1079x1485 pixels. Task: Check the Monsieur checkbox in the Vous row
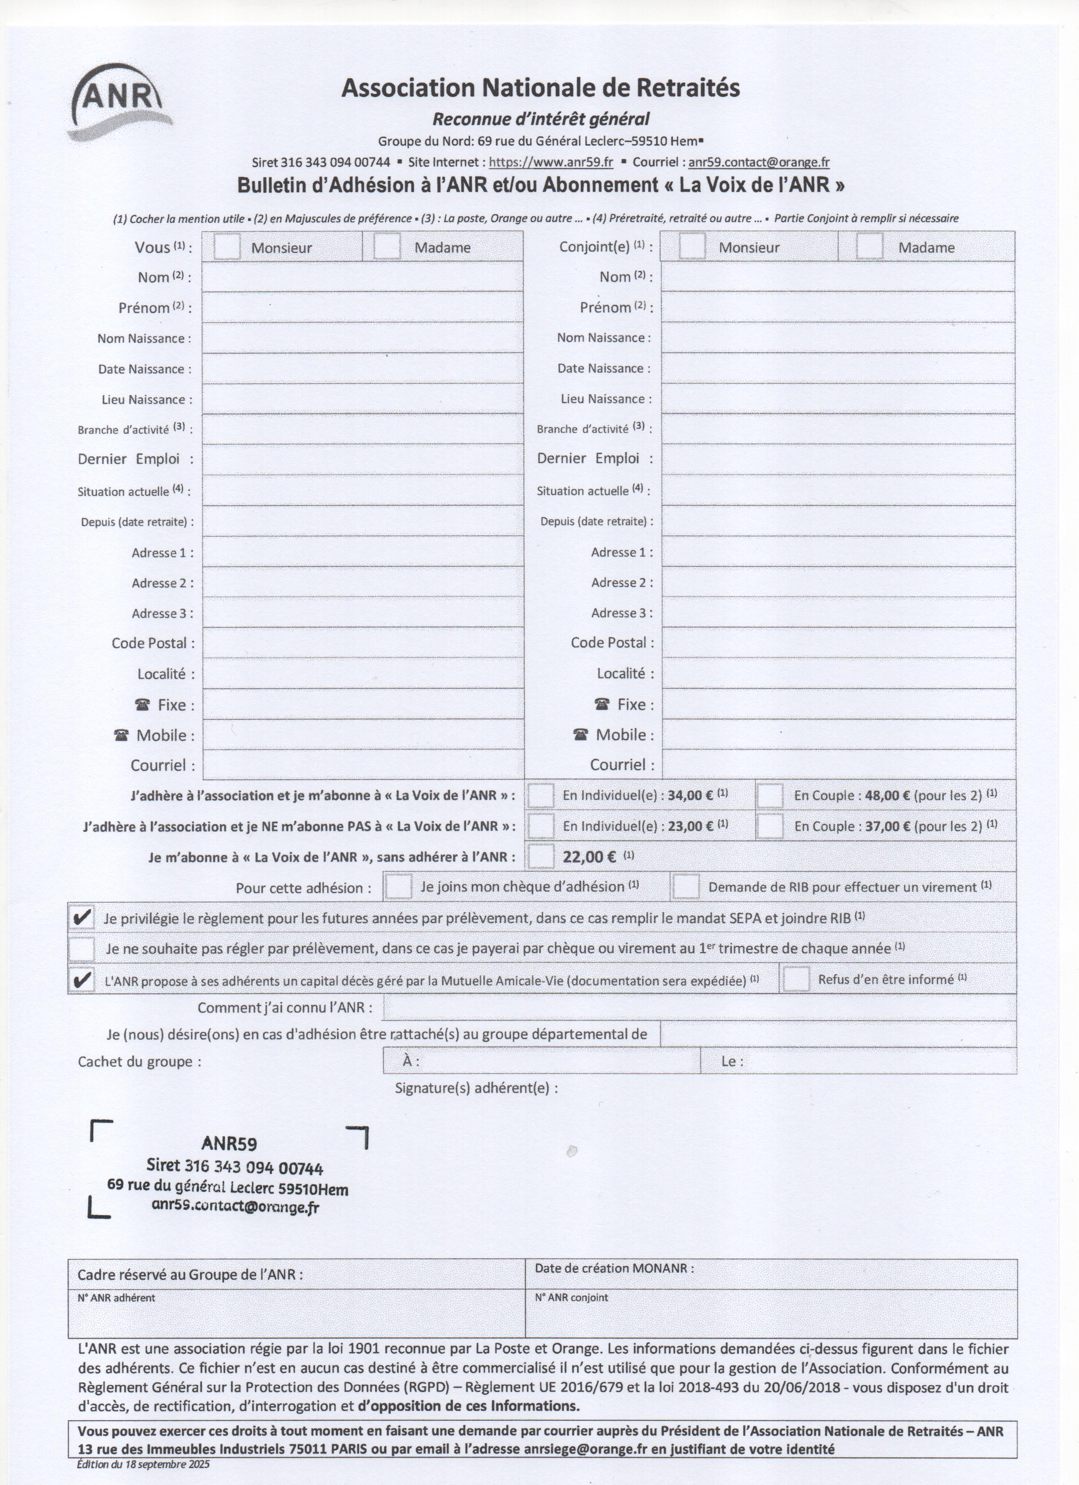226,247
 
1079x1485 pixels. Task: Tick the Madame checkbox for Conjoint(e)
870,247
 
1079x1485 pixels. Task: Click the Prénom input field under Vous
362,307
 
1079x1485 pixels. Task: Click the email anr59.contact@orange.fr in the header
759,162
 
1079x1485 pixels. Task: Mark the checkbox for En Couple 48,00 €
770,795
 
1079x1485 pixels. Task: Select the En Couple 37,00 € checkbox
770,826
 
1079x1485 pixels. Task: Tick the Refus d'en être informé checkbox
796,979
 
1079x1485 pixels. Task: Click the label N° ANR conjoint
571,1298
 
